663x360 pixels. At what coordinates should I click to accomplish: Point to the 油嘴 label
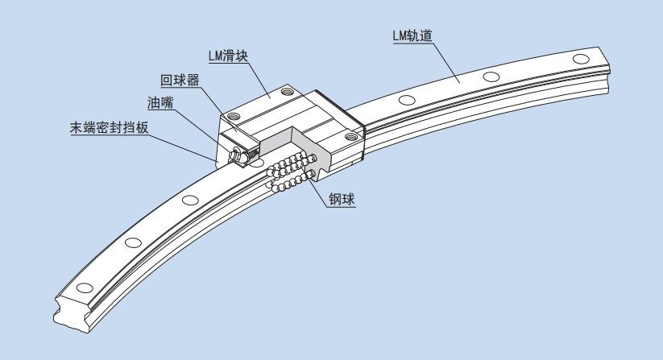point(159,104)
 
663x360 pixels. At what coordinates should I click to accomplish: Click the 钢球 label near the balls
point(342,199)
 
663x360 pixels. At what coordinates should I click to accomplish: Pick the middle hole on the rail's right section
point(488,77)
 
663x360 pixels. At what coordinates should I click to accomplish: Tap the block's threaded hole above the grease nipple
point(234,117)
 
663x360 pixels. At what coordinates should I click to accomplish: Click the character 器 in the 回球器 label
point(193,81)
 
